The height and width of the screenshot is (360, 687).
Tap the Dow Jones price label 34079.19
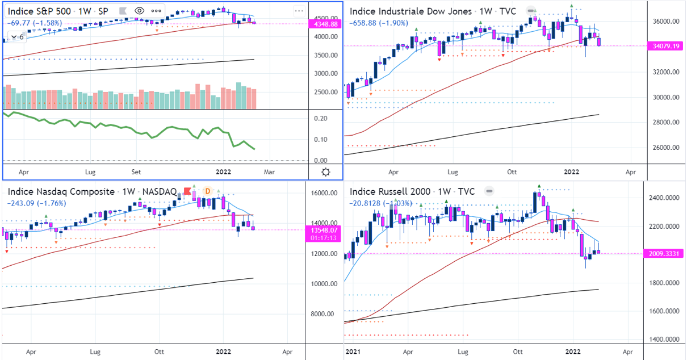coord(665,47)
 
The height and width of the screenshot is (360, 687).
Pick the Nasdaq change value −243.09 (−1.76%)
coord(36,203)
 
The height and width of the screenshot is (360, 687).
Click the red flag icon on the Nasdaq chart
coord(186,191)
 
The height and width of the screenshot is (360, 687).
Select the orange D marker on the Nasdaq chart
coord(207,191)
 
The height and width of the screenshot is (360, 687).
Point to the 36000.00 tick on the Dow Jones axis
coord(664,22)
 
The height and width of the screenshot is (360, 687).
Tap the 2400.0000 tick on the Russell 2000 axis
coord(664,198)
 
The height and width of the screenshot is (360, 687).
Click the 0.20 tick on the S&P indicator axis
coord(321,118)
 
